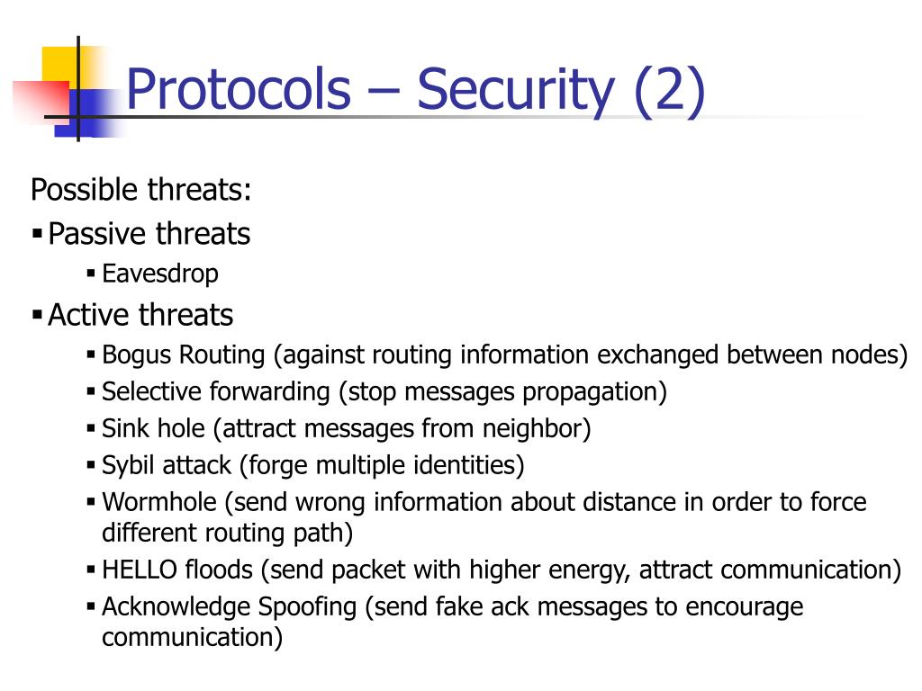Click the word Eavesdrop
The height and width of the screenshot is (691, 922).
(160, 273)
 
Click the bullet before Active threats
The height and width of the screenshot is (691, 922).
(37, 316)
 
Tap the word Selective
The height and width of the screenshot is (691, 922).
(152, 392)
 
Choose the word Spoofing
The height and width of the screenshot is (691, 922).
(308, 606)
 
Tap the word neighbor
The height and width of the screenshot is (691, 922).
(538, 428)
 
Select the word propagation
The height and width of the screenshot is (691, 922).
(592, 392)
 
